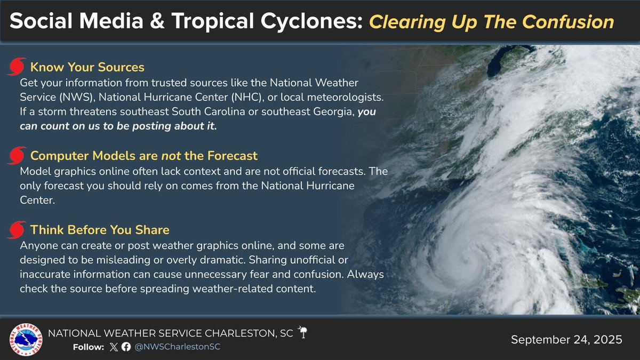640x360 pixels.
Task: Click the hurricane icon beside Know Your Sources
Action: pos(17,67)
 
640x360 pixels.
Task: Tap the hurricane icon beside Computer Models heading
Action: pos(17,156)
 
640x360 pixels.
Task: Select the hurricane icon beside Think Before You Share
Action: pos(17,230)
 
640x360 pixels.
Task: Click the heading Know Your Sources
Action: pos(87,67)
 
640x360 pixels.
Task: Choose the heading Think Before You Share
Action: pos(100,230)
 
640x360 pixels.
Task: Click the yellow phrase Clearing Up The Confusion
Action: pos(492,22)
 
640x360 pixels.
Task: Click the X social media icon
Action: pos(113,347)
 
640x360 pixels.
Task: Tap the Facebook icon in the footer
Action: pos(125,347)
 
